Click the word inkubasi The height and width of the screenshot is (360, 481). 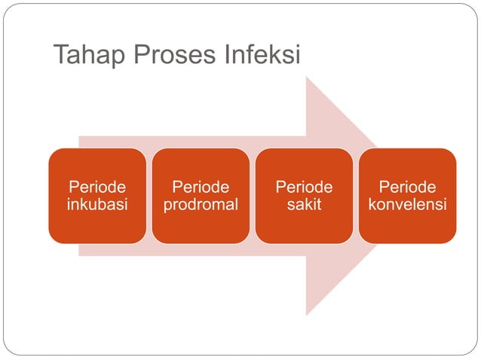pyautogui.click(x=97, y=205)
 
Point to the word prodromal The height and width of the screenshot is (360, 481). pyautogui.click(x=201, y=205)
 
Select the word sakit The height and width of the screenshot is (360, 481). pyautogui.click(x=304, y=205)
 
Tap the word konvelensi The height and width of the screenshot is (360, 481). pyautogui.click(x=407, y=205)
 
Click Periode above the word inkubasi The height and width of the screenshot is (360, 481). pyautogui.click(x=97, y=187)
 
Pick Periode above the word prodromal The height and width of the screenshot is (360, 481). pyautogui.click(x=201, y=187)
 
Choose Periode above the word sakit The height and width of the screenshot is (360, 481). pyautogui.click(x=304, y=187)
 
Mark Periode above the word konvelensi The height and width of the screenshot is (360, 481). pyautogui.click(x=407, y=187)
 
